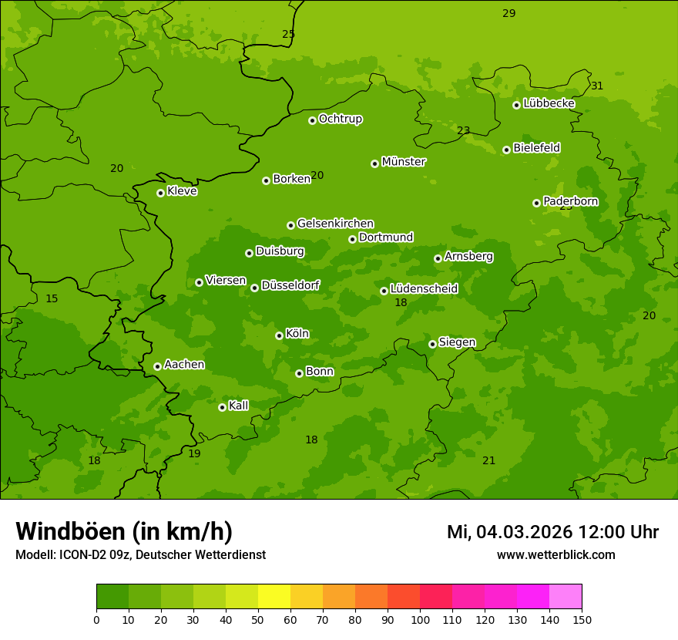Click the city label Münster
403,162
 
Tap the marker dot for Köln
279,335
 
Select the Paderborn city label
570,201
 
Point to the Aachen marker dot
157,366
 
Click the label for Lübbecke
549,103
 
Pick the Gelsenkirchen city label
335,224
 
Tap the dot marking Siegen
432,344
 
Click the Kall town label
238,406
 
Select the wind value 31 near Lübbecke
597,86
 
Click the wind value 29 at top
509,13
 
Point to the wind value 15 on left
52,298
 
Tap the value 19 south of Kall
194,453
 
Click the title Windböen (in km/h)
124,531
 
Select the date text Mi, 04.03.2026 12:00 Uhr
552,532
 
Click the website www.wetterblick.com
555,554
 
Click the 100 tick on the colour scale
420,619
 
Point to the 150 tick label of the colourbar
582,619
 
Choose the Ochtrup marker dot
312,120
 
